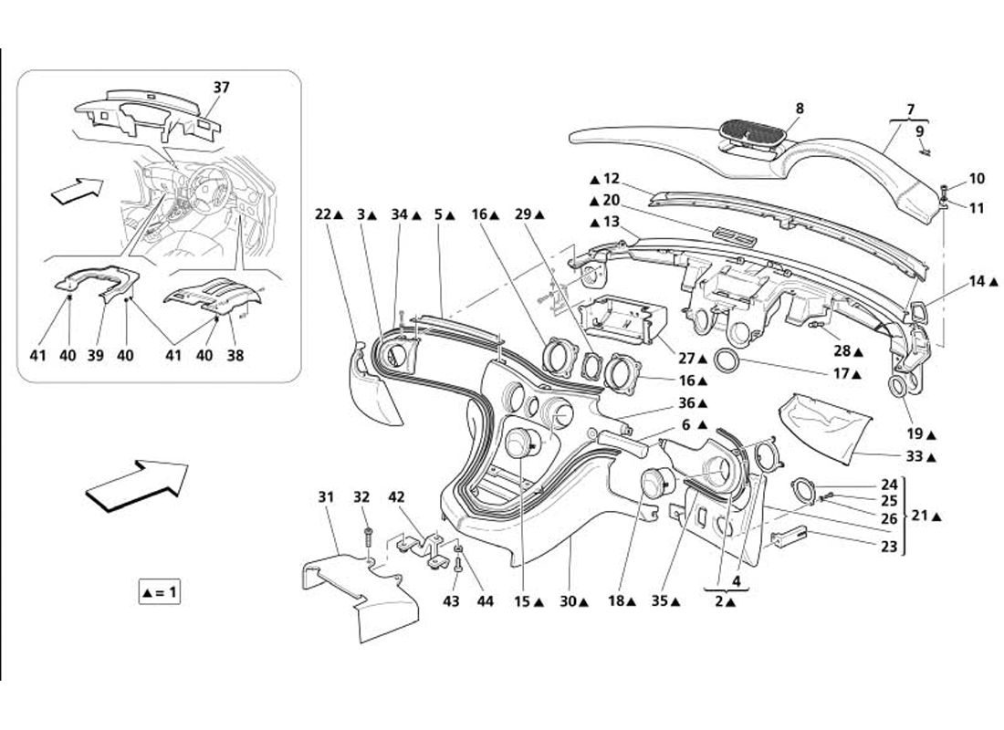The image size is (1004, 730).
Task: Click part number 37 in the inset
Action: click(222, 88)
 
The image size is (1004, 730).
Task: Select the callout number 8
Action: click(799, 108)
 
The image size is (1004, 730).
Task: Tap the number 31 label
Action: click(326, 497)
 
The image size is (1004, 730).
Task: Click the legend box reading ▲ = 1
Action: click(160, 592)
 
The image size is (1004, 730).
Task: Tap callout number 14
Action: click(978, 282)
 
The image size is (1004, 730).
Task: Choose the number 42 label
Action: click(395, 497)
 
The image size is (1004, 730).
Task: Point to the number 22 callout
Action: click(322, 214)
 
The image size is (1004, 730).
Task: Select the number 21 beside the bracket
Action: click(921, 516)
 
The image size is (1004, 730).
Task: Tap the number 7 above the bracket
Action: click(909, 109)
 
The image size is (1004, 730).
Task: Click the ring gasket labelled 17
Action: click(728, 360)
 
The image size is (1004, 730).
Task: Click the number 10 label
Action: click(977, 179)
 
